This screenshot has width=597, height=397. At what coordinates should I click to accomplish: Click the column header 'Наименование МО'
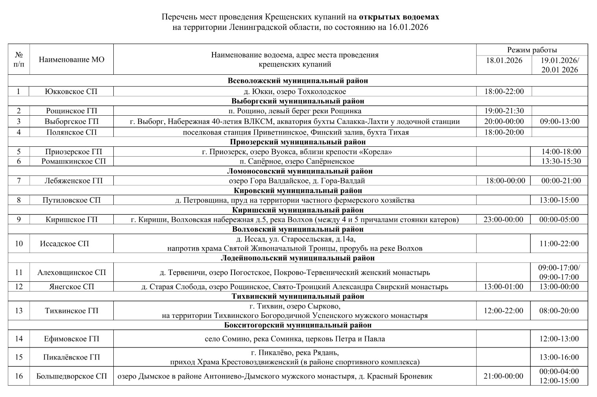tap(72, 60)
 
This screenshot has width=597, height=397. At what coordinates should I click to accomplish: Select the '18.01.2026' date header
tap(504, 60)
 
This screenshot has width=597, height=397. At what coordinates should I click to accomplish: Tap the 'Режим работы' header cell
tap(532, 50)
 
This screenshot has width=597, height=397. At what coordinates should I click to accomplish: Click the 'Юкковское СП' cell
tap(72, 91)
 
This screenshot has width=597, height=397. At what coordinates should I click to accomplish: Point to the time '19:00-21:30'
tap(504, 111)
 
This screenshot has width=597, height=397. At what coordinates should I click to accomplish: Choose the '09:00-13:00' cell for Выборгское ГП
tap(560, 121)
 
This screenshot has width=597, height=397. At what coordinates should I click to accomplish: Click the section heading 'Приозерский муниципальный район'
tap(298, 142)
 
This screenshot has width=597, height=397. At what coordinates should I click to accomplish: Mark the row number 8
tap(19, 200)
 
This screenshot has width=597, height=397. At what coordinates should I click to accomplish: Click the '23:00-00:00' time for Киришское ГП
tap(504, 219)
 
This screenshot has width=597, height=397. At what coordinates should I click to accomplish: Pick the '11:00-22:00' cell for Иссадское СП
tap(559, 244)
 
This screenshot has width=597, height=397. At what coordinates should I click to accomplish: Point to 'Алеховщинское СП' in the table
tap(72, 272)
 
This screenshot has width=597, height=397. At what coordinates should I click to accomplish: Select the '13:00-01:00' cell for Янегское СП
tap(504, 286)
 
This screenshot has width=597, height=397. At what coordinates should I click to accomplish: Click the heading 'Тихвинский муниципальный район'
tap(298, 296)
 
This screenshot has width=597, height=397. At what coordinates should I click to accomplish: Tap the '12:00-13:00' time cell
tap(559, 339)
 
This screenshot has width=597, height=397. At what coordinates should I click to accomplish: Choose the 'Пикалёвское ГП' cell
tap(72, 357)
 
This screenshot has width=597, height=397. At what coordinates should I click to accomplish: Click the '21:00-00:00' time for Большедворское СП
tap(504, 376)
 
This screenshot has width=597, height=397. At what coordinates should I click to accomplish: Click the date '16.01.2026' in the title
tap(408, 27)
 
